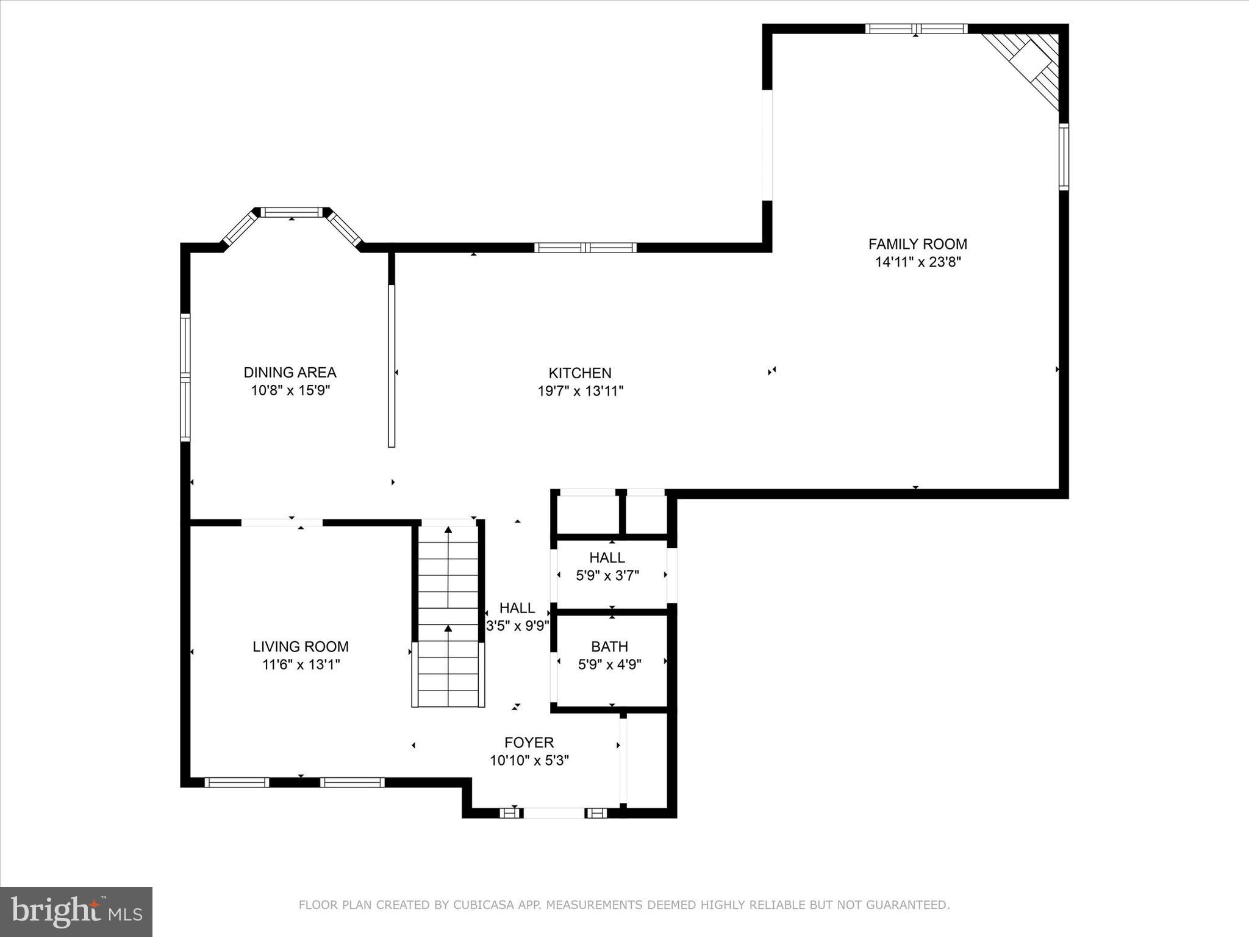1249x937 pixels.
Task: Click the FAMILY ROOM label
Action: pyautogui.click(x=917, y=244)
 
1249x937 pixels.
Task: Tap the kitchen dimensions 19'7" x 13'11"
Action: pyautogui.click(x=580, y=391)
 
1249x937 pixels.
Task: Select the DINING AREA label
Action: pyautogui.click(x=290, y=372)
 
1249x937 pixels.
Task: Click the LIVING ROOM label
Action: pyautogui.click(x=301, y=646)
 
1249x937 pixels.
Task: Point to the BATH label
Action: pyautogui.click(x=609, y=646)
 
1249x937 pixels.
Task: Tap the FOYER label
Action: pyautogui.click(x=529, y=742)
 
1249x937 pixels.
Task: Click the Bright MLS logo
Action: pyautogui.click(x=76, y=911)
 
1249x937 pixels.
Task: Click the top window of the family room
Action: pyautogui.click(x=916, y=29)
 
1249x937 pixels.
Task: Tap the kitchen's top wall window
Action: pyautogui.click(x=585, y=248)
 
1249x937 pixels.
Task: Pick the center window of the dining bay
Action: pyautogui.click(x=292, y=212)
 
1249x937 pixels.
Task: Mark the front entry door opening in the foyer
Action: pyautogui.click(x=554, y=813)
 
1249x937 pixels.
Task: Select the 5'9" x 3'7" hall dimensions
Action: pyautogui.click(x=607, y=575)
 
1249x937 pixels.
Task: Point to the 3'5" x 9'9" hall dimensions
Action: pyautogui.click(x=518, y=625)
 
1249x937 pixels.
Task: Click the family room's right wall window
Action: pyautogui.click(x=1064, y=157)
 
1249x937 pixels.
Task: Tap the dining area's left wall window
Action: pyautogui.click(x=185, y=377)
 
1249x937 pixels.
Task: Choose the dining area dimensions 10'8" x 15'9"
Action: pyautogui.click(x=290, y=390)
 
